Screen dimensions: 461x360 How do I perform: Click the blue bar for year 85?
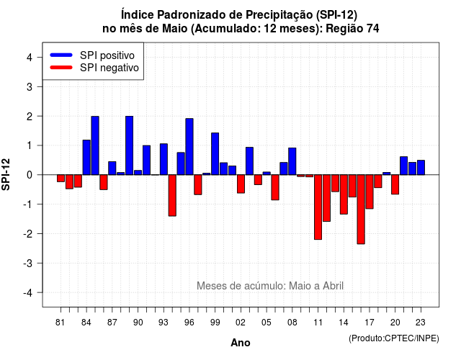(x=95, y=145)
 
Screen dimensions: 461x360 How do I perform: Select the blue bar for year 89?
(x=130, y=145)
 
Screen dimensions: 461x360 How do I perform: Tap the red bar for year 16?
(x=361, y=210)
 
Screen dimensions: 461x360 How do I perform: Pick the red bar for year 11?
(x=318, y=207)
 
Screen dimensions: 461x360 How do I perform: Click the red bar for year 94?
(x=172, y=195)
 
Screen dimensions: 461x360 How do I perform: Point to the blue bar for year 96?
(x=189, y=147)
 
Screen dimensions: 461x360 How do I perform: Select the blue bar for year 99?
(x=215, y=153)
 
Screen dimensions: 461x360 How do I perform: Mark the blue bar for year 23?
(x=421, y=168)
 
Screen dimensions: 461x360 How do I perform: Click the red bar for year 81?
(x=61, y=179)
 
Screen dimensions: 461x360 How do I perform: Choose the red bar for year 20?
(x=395, y=184)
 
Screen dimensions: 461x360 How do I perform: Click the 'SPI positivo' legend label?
(x=107, y=55)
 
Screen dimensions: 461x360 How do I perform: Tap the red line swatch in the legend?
(x=61, y=67)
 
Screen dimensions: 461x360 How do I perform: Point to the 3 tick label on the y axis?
(x=30, y=86)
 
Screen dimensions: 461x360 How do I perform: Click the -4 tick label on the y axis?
(x=28, y=293)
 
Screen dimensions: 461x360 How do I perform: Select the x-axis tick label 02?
(x=241, y=323)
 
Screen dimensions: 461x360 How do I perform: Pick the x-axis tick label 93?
(x=164, y=323)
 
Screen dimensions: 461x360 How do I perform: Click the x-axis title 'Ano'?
(x=241, y=343)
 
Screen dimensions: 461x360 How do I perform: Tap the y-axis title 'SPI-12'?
(x=6, y=174)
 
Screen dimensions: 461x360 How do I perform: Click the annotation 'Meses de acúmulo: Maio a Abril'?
(x=270, y=286)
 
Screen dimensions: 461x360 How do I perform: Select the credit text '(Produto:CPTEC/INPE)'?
(x=394, y=338)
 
